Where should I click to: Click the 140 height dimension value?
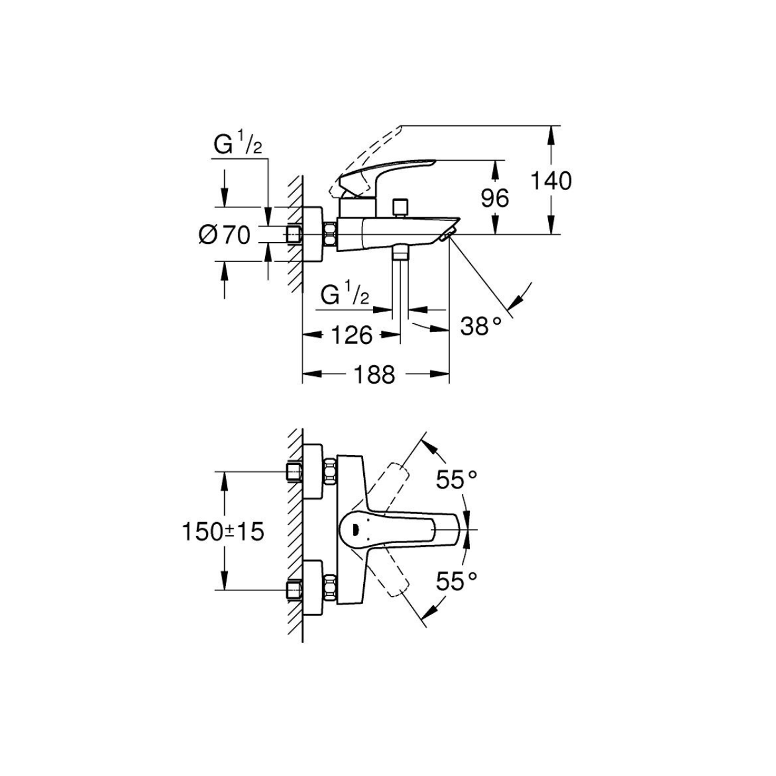[x=551, y=181]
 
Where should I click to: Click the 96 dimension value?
[x=495, y=198]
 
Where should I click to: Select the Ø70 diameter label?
[x=225, y=235]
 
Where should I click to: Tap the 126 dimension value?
[x=352, y=335]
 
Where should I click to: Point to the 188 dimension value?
[x=374, y=376]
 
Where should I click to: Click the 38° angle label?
[x=481, y=326]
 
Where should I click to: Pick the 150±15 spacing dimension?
[x=223, y=531]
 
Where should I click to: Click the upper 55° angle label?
[x=457, y=479]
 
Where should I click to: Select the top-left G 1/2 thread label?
[x=237, y=146]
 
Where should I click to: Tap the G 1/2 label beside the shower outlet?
[x=345, y=296]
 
